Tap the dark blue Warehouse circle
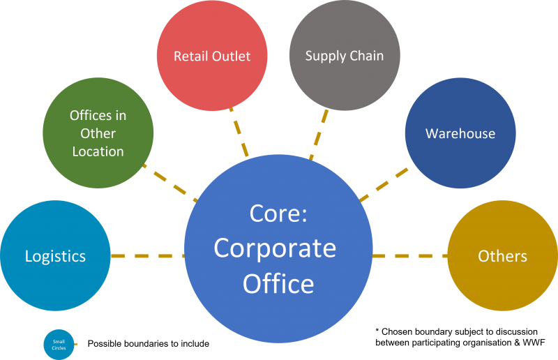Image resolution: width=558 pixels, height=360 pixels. pyautogui.click(x=460, y=133)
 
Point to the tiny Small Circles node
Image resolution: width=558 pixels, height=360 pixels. pyautogui.click(x=59, y=344)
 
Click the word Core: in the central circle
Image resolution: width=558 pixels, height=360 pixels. pyautogui.click(x=278, y=213)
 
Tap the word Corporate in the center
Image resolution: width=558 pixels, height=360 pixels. pyautogui.click(x=275, y=248)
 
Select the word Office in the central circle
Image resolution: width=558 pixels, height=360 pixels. pyautogui.click(x=278, y=284)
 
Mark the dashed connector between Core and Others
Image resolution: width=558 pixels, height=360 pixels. pyautogui.click(x=409, y=256)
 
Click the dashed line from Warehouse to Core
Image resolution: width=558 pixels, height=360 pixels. pyautogui.click(x=384, y=184)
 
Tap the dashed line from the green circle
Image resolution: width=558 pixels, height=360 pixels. pyautogui.click(x=169, y=181)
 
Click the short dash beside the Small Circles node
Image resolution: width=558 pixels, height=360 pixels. pyautogui.click(x=76, y=344)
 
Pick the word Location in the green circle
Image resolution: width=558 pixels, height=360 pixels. pyautogui.click(x=98, y=151)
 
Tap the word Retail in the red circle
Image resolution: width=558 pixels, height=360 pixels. pyautogui.click(x=189, y=56)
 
